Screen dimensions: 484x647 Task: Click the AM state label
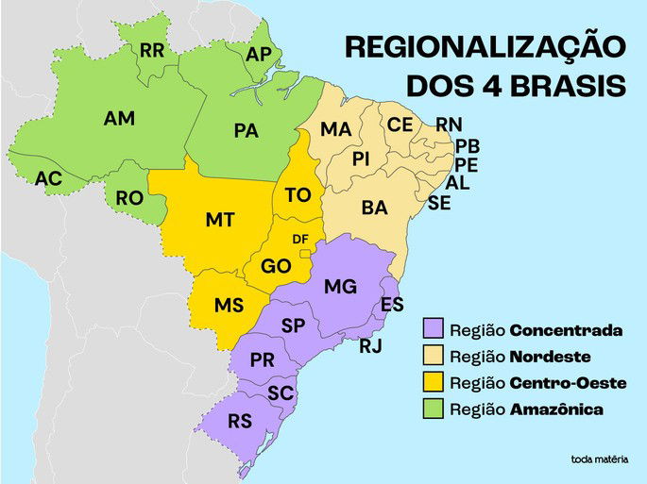tap(119, 119)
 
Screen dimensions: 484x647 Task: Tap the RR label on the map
tap(152, 50)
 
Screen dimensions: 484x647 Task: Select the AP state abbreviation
tap(257, 54)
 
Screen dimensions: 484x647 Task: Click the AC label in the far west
tap(48, 177)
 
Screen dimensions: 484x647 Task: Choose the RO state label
tap(129, 198)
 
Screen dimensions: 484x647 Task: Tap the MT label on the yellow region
tap(219, 220)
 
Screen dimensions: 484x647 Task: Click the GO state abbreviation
tap(276, 267)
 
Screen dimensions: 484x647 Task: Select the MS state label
tap(229, 306)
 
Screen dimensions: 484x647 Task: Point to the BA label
tap(374, 208)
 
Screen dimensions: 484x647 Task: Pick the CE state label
tap(400, 125)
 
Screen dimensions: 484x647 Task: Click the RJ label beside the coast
tap(370, 346)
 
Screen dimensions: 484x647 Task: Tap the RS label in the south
tap(240, 421)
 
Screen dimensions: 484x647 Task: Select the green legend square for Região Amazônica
tap(434, 409)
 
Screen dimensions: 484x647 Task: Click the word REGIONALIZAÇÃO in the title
tap(485, 46)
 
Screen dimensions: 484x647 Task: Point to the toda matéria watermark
tap(599, 459)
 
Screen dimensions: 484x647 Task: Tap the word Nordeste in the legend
tap(550, 357)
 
